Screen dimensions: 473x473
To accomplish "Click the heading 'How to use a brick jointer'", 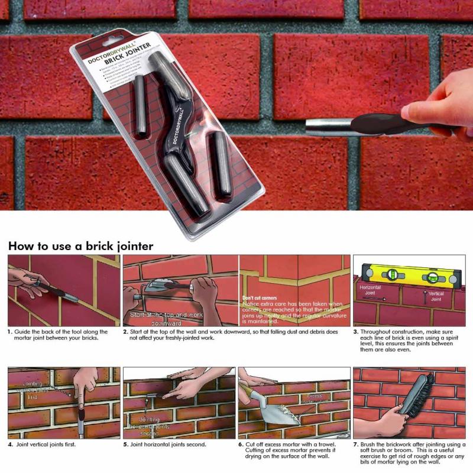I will (80, 245).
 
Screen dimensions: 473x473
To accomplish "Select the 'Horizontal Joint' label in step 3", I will (371, 289).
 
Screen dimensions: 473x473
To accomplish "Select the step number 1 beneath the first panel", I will (10, 332).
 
